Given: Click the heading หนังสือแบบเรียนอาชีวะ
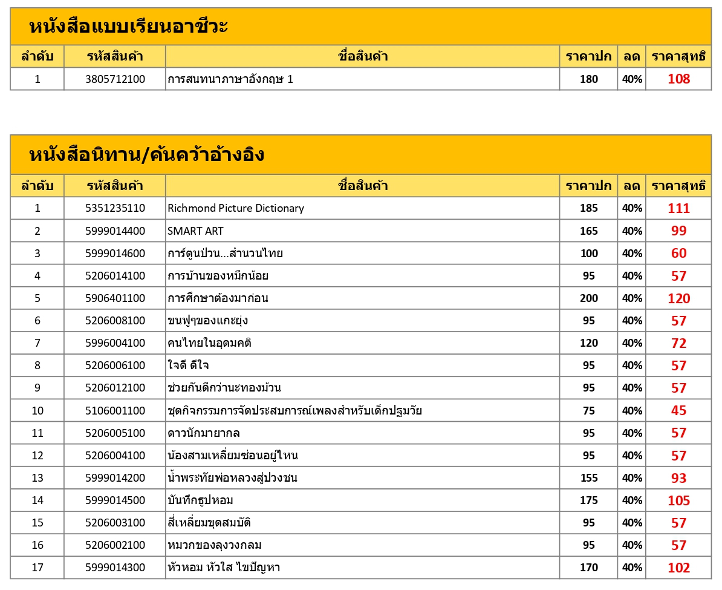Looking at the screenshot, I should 128,27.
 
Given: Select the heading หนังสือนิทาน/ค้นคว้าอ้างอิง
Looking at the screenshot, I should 146,155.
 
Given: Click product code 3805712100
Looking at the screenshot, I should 115,79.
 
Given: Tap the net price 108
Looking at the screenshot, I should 678,79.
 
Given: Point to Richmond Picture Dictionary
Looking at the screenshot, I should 236,208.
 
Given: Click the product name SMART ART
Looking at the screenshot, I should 195,231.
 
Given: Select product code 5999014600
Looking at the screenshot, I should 115,254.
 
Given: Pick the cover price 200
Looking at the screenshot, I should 588,298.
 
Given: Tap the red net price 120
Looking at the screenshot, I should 678,298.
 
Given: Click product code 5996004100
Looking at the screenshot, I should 115,343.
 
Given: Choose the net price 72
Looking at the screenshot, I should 678,343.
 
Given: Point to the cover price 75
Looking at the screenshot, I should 588,411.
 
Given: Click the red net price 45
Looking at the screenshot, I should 678,411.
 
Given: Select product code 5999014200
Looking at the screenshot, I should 115,478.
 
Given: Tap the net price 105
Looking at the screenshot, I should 678,500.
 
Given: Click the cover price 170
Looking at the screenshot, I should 588,568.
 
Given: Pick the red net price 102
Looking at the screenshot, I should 678,568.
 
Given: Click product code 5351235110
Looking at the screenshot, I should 115,208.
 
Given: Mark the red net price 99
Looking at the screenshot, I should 678,231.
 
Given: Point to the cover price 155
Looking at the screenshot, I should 588,478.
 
